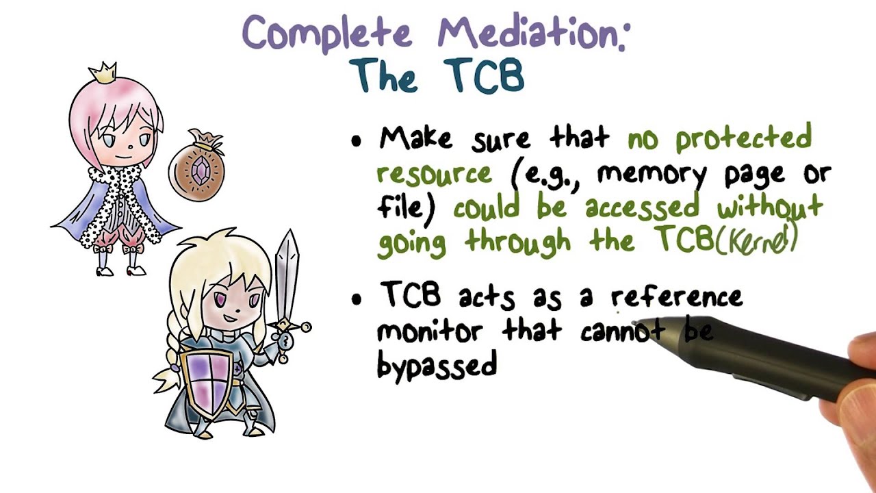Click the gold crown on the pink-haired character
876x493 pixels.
(x=104, y=72)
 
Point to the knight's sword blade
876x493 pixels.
(x=288, y=274)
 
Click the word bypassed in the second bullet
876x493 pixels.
(x=436, y=366)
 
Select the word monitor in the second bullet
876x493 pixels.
(x=430, y=331)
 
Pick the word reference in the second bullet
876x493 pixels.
(x=676, y=297)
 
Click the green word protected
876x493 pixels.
(x=743, y=139)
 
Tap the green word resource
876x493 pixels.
(x=434, y=173)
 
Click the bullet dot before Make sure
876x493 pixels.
(x=356, y=142)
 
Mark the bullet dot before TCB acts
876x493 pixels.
(x=356, y=299)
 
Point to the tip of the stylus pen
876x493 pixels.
(x=635, y=324)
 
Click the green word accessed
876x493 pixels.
(x=642, y=207)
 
